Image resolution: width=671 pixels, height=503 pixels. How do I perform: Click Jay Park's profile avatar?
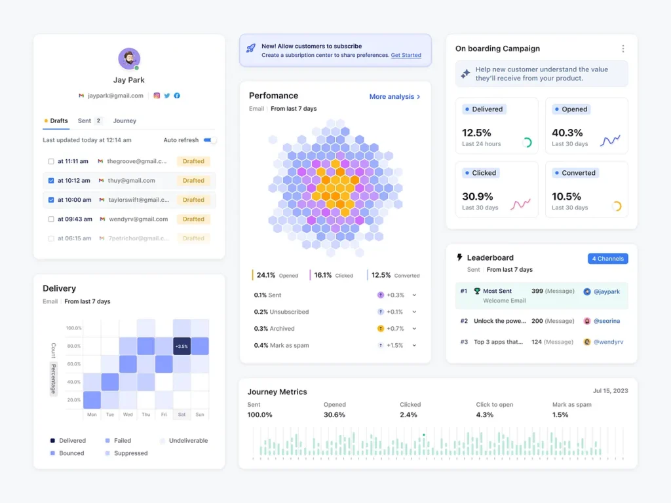click(129, 59)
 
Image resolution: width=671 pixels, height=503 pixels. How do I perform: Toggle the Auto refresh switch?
click(210, 140)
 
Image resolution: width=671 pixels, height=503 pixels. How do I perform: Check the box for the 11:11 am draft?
click(51, 161)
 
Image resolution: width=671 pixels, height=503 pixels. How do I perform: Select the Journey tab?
click(125, 121)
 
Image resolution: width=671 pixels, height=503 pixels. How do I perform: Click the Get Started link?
click(406, 56)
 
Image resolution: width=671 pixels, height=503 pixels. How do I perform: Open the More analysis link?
click(394, 97)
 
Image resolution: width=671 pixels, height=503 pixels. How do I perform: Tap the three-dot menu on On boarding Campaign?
click(623, 48)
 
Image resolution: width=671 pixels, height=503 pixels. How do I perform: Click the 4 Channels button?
click(607, 259)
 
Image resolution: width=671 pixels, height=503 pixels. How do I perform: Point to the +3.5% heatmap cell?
click(182, 346)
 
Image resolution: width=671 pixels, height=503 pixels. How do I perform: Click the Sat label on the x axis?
click(182, 415)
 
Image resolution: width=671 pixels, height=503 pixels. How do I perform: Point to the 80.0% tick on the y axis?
click(73, 346)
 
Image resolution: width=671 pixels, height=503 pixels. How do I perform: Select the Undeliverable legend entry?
click(188, 441)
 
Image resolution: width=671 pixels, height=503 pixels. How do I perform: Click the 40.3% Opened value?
click(567, 133)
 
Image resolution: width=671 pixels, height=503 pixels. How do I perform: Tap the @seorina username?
click(607, 321)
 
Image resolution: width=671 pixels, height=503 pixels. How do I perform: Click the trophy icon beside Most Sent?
click(477, 291)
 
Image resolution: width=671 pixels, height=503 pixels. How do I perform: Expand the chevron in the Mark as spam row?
click(415, 346)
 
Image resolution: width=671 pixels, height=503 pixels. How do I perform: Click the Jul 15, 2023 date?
click(610, 391)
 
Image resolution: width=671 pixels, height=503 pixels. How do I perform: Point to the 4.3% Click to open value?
click(485, 415)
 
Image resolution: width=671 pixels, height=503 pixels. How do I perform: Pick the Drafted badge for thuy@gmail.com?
click(193, 181)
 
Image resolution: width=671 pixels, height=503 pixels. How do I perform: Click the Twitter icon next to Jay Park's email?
click(167, 96)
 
